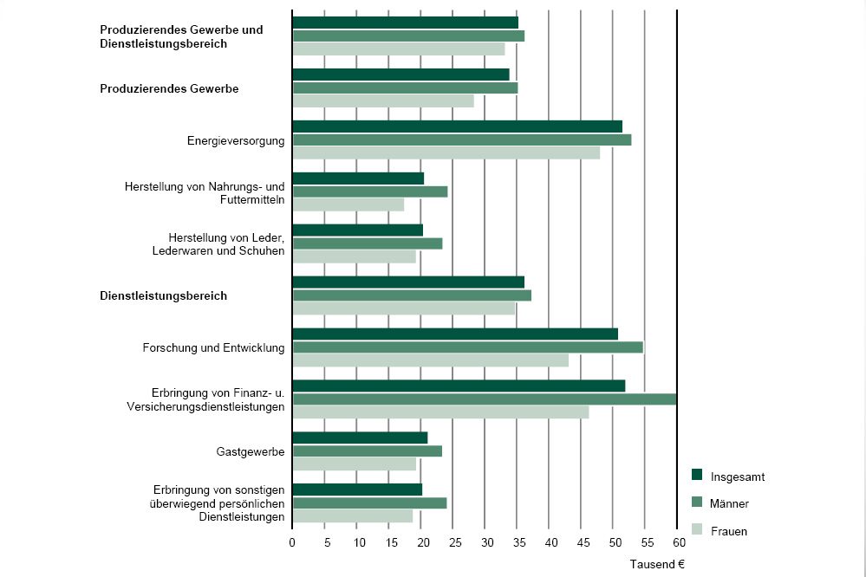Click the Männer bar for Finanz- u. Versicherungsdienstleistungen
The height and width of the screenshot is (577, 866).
[x=484, y=399]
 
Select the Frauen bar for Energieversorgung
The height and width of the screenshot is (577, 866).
[x=446, y=153]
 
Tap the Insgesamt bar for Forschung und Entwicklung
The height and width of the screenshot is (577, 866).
[x=455, y=334]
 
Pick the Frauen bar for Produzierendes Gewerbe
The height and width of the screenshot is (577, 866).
[x=383, y=101]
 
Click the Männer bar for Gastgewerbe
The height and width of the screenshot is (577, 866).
[x=368, y=451]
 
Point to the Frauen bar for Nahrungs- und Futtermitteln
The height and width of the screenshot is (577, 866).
[x=348, y=205]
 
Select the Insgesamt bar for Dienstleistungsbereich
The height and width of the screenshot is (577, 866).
[x=408, y=282]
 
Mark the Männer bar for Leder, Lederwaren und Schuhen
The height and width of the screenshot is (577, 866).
[x=368, y=243]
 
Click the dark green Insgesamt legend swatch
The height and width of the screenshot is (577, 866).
[x=697, y=475]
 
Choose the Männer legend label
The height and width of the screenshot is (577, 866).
[x=729, y=503]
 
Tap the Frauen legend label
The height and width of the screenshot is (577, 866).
[x=728, y=531]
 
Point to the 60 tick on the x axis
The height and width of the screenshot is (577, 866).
[x=676, y=542]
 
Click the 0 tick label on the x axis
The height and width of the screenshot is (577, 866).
[x=292, y=542]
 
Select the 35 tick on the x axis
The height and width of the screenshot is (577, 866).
[x=517, y=542]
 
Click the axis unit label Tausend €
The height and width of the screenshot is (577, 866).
[x=657, y=564]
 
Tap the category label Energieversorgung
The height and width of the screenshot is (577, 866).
[x=236, y=140]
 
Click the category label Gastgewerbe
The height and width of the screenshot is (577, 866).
[x=251, y=452]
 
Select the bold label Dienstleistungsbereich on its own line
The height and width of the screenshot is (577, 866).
[x=164, y=296]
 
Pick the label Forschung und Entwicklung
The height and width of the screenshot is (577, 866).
[x=213, y=348]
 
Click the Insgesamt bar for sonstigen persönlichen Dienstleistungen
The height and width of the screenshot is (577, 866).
[x=357, y=489]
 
